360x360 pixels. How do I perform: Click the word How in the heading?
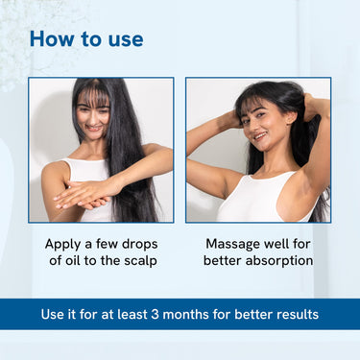52,38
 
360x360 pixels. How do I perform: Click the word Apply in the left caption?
62,245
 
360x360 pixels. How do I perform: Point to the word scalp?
140,261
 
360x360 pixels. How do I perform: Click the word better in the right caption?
223,260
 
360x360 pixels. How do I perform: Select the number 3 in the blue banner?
155,314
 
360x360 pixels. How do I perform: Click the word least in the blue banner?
132,314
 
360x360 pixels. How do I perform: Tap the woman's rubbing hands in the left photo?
84,196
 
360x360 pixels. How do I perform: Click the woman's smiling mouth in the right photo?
260,136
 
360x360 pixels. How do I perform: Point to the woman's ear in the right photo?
291,118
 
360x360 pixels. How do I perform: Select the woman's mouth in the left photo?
94,129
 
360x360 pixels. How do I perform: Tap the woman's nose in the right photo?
255,126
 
